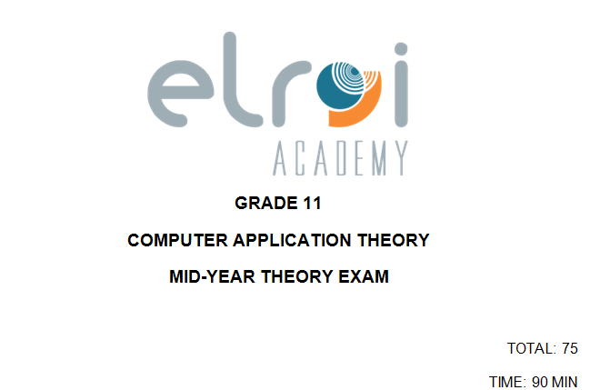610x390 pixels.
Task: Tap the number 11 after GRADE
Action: pyautogui.click(x=313, y=203)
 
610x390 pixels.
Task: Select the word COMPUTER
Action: pyautogui.click(x=178, y=240)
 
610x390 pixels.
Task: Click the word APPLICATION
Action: pyautogui.click(x=292, y=240)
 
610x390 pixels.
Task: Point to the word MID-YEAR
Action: pyautogui.click(x=213, y=276)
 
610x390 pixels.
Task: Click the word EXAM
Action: pyautogui.click(x=364, y=276)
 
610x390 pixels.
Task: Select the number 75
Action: pyautogui.click(x=570, y=348)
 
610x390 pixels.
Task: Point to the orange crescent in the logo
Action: pyautogui.click(x=365, y=109)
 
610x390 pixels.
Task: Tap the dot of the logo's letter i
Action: pyautogui.click(x=401, y=49)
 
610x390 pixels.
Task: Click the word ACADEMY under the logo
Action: pyautogui.click(x=340, y=158)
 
